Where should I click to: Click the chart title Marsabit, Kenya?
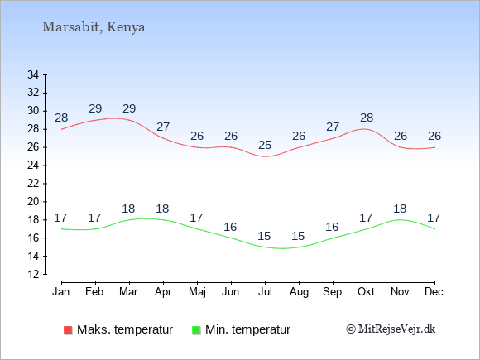click(x=94, y=27)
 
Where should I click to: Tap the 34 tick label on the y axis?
click(x=33, y=74)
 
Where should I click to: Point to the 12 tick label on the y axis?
click(x=33, y=274)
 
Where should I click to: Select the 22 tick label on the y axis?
click(x=33, y=184)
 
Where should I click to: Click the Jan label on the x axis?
click(x=61, y=292)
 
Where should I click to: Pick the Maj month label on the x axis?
click(x=197, y=292)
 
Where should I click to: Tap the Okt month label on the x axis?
click(x=366, y=292)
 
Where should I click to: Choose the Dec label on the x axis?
click(x=434, y=292)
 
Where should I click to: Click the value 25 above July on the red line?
click(x=265, y=145)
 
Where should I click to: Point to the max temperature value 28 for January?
click(x=61, y=118)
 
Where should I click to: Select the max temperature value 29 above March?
click(x=129, y=108)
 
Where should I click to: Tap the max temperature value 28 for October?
click(x=367, y=118)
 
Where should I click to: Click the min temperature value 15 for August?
click(x=298, y=236)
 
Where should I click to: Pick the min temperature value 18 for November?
click(x=400, y=209)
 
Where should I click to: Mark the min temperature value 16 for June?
click(x=230, y=227)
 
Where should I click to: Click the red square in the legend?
click(x=68, y=330)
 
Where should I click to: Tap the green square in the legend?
click(x=196, y=330)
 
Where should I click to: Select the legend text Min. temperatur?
click(x=247, y=329)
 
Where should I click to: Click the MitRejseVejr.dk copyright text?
click(x=391, y=329)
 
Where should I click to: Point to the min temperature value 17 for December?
click(x=434, y=218)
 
